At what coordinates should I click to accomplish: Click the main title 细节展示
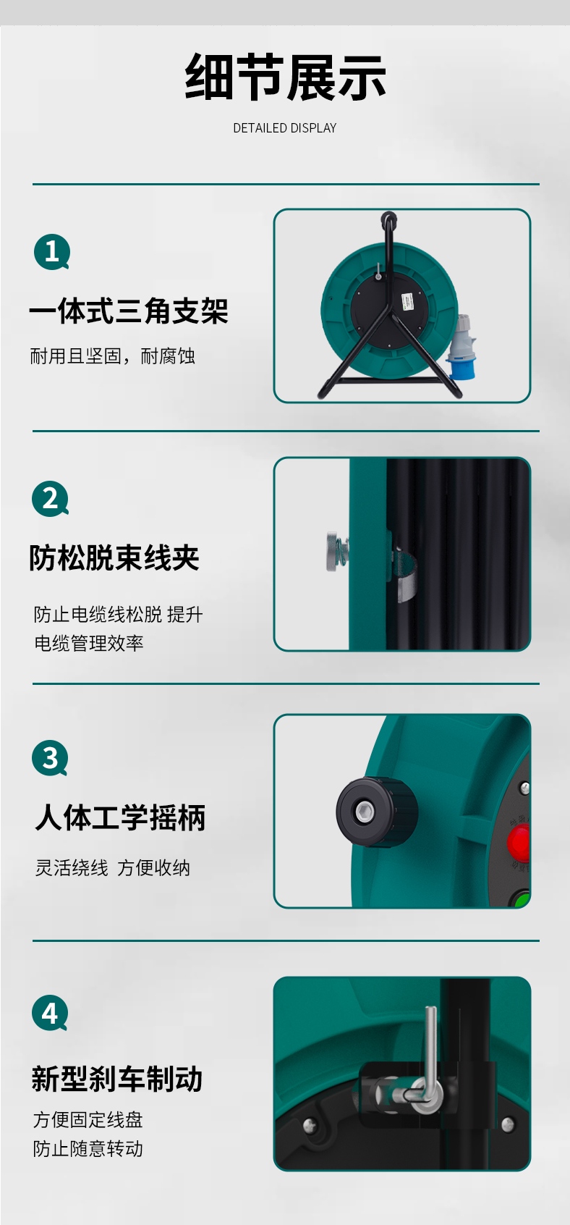(285, 77)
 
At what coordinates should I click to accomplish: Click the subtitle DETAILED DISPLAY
(285, 128)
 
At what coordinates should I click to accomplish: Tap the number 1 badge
(52, 251)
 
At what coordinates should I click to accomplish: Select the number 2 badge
(51, 499)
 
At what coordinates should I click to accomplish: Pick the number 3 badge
(51, 758)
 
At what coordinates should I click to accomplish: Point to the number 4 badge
(50, 1013)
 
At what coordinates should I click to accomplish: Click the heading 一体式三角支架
(129, 311)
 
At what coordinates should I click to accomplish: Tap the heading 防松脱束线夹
(114, 557)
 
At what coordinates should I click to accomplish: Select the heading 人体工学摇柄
(120, 817)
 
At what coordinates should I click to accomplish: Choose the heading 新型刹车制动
(117, 1079)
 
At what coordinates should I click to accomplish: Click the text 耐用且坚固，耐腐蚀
(113, 356)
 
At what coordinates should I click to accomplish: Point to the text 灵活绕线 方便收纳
(113, 868)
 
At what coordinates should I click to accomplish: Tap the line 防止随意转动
(88, 1148)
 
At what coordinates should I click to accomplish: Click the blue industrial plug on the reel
(460, 348)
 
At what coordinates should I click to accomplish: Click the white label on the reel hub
(408, 301)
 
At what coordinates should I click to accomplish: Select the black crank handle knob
(377, 812)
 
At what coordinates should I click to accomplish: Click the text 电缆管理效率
(89, 643)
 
